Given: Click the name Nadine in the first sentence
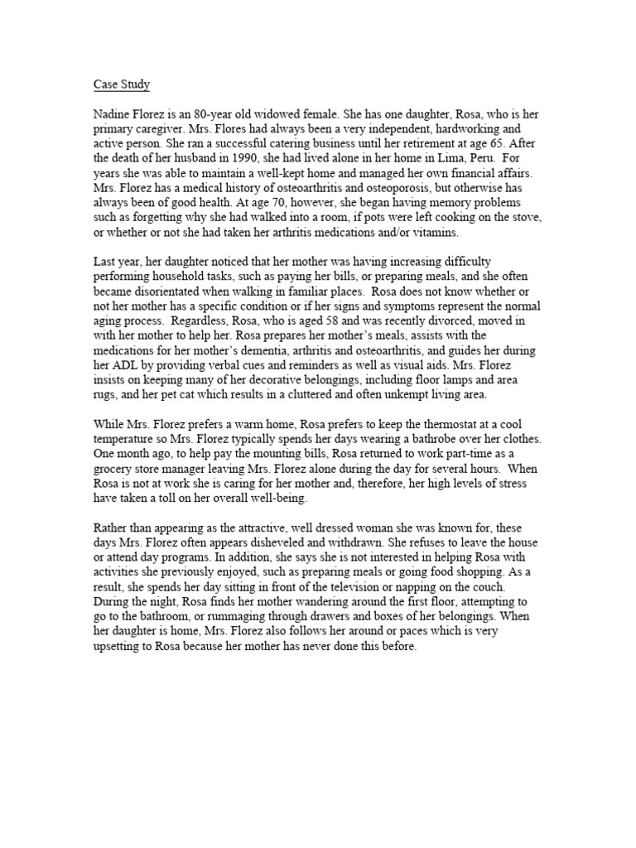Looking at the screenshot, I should [113, 114].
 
